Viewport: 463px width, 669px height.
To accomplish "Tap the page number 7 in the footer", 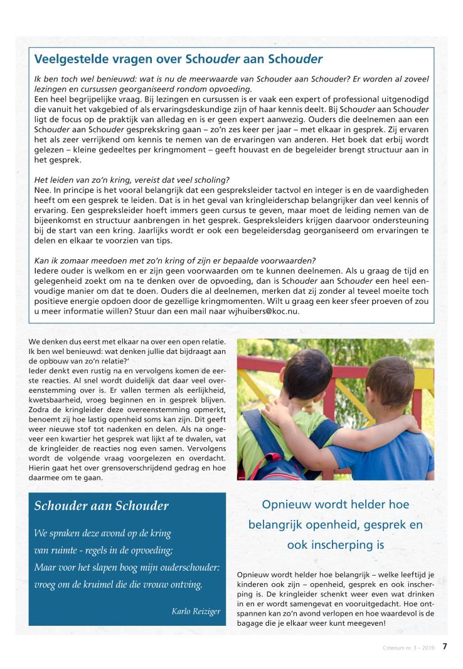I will point(445,646).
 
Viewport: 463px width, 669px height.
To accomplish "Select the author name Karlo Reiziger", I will point(196,611).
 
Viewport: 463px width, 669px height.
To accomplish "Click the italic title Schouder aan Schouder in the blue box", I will point(101,506).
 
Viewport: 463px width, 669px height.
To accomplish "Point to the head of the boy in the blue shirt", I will point(390,382).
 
